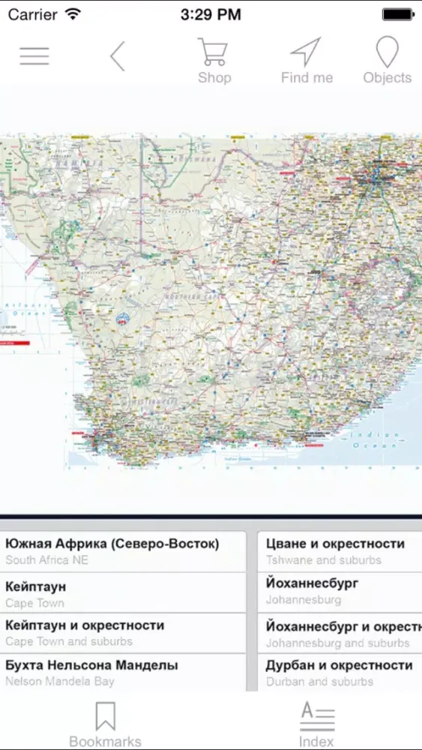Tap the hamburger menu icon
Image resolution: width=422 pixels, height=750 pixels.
click(x=34, y=56)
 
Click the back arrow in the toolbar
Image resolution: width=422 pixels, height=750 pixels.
click(x=117, y=56)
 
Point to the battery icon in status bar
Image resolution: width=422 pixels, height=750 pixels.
click(x=397, y=14)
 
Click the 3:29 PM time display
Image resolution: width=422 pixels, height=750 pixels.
click(x=211, y=14)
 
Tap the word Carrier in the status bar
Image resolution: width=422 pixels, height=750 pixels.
click(x=33, y=14)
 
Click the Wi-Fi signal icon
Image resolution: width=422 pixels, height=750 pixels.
click(x=73, y=14)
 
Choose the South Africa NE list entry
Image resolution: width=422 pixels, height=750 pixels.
click(x=123, y=551)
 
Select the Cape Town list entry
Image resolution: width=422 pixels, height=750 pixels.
click(x=123, y=592)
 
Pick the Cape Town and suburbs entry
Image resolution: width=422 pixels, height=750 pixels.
click(x=123, y=632)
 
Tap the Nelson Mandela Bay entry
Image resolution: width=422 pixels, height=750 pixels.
click(x=123, y=672)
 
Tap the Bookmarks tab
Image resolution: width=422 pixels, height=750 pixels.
click(x=105, y=724)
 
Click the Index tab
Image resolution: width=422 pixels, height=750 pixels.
click(x=316, y=724)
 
